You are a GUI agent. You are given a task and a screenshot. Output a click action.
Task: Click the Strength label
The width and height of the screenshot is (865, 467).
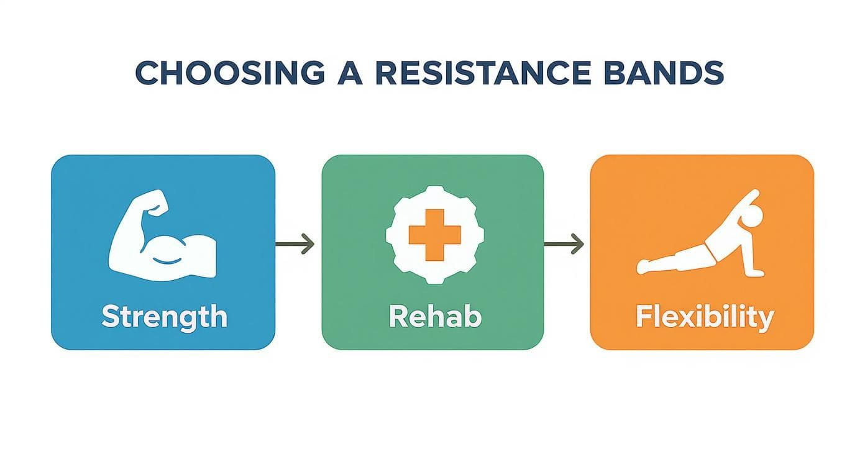point(164,316)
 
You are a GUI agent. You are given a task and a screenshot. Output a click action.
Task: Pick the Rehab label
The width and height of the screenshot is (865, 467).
point(434,316)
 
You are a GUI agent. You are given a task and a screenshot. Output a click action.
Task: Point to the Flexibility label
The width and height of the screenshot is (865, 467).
point(704,317)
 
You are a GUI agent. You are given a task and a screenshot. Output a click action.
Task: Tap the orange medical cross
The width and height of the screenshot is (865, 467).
point(434,235)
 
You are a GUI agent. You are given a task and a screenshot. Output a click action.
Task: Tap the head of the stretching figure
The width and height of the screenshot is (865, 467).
point(753,217)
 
